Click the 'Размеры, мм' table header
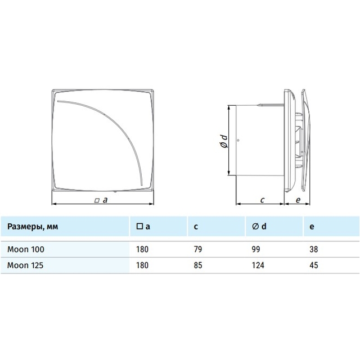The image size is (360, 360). pyautogui.click(x=33, y=227)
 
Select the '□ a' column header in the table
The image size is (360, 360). pyautogui.click(x=143, y=226)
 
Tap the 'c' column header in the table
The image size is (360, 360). pyautogui.click(x=196, y=227)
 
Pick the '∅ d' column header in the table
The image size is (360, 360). pyautogui.click(x=259, y=226)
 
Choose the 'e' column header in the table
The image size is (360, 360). pyautogui.click(x=312, y=227)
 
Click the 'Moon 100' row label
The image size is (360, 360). pyautogui.click(x=26, y=249)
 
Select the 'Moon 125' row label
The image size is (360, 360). pyautogui.click(x=25, y=265)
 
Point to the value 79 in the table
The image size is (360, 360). pyautogui.click(x=198, y=249)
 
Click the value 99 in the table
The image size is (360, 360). pyautogui.click(x=256, y=249)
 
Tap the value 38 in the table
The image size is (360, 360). pyautogui.click(x=314, y=249)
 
